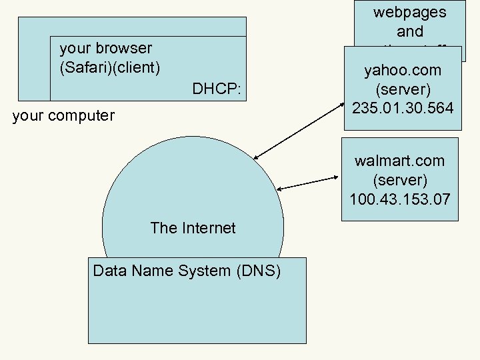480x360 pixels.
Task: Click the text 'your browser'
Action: [106, 48]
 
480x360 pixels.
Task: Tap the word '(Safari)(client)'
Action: [110, 67]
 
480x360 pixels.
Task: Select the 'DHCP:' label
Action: [216, 89]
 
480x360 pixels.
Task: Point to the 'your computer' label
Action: [63, 115]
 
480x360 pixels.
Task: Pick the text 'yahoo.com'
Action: [403, 70]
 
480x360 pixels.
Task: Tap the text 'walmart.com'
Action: [400, 161]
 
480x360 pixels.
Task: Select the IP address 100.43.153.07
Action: [400, 199]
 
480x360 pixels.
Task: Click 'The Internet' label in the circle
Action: [193, 228]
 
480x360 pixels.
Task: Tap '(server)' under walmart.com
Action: [400, 180]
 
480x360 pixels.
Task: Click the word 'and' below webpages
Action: [409, 31]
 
